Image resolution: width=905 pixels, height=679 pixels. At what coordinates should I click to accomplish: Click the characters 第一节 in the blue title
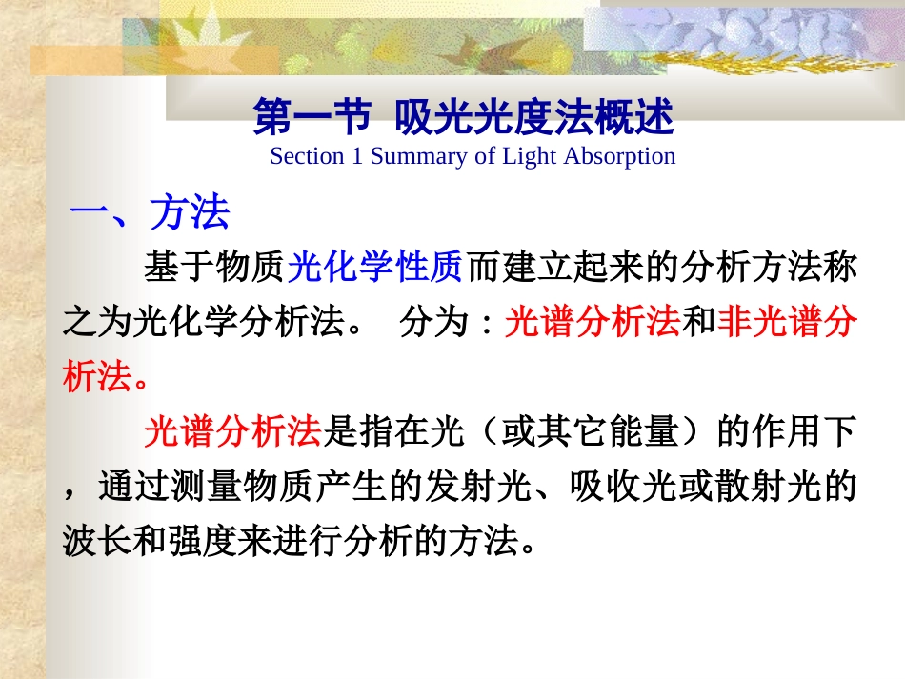[311, 120]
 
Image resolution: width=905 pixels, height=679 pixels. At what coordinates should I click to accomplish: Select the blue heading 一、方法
[150, 213]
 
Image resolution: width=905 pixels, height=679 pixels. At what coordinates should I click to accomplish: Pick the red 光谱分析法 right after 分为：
[593, 324]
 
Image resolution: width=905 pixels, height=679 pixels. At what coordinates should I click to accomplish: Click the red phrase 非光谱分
[788, 324]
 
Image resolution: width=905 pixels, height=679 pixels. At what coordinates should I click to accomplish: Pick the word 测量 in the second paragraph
[204, 488]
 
